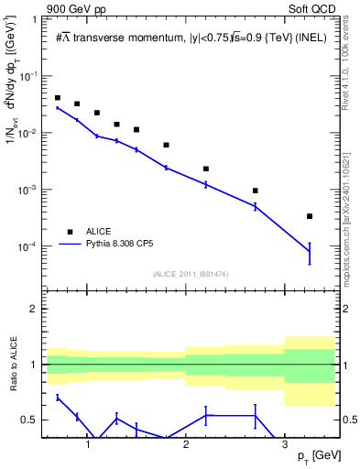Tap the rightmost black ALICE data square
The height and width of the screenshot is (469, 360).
pos(310,216)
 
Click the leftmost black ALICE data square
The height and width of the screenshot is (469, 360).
pos(58,98)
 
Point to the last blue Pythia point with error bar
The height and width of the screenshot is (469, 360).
pos(310,251)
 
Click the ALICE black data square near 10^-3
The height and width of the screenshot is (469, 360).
pos(255,191)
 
